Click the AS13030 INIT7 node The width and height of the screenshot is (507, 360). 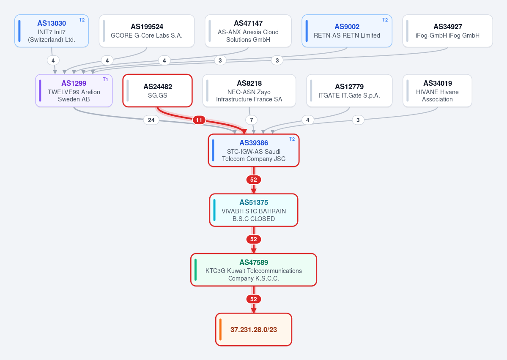[52, 31]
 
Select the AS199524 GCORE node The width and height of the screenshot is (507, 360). [147, 31]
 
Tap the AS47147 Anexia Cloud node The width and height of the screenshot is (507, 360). [248, 31]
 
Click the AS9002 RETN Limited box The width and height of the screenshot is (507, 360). [347, 31]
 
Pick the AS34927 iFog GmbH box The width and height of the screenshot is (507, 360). [447, 31]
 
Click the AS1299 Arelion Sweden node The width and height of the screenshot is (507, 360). [74, 90]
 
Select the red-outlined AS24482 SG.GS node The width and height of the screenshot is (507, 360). [157, 90]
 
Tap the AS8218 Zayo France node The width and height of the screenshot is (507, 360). [249, 90]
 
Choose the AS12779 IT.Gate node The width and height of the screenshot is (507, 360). [349, 90]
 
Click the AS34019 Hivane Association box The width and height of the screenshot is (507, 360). [437, 90]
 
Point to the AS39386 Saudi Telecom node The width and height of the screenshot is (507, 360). [254, 150]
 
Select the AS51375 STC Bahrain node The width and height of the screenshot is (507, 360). [254, 210]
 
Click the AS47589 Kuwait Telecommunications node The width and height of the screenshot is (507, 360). [254, 270]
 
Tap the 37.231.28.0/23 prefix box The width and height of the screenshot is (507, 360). [254, 330]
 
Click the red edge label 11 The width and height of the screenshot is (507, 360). [199, 120]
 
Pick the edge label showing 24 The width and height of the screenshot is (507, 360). [151, 120]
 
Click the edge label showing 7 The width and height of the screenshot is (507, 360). [251, 120]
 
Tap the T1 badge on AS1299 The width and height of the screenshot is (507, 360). [105, 79]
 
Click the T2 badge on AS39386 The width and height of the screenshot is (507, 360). [292, 139]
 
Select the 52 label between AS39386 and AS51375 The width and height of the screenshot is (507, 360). [254, 180]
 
